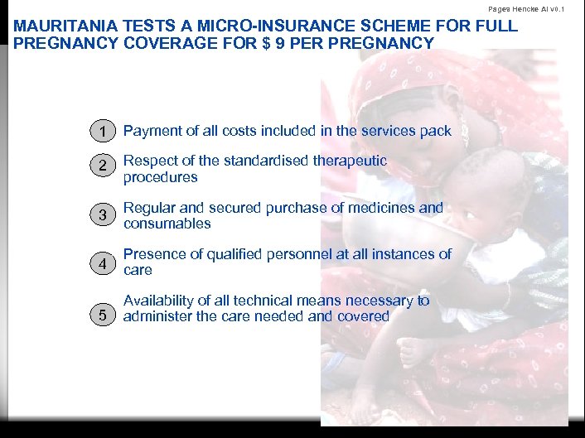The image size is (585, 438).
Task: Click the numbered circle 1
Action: (x=101, y=131)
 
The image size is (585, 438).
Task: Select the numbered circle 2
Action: (x=101, y=168)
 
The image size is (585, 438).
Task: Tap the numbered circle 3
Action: (x=101, y=215)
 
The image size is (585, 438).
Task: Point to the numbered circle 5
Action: (x=101, y=315)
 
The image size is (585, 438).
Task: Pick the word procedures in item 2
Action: (x=161, y=177)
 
